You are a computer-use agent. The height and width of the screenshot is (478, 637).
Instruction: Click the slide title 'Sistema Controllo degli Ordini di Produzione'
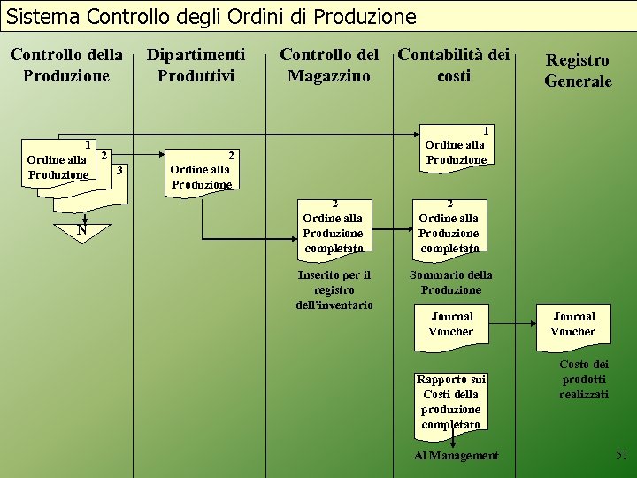tap(211, 16)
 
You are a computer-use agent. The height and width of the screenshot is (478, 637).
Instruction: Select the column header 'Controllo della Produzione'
tap(66, 65)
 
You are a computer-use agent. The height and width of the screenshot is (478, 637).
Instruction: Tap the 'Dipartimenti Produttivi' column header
tap(196, 65)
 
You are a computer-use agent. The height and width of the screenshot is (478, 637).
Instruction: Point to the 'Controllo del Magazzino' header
tap(329, 65)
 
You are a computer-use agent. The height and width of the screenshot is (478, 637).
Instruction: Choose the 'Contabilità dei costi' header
tap(454, 65)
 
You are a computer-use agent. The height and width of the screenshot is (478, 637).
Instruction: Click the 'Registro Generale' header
tap(578, 70)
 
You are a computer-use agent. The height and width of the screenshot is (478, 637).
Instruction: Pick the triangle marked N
tap(81, 231)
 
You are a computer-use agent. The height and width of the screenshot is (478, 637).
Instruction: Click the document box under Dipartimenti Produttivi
tap(201, 169)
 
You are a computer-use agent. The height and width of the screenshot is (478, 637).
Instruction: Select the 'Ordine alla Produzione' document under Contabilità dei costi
tap(456, 145)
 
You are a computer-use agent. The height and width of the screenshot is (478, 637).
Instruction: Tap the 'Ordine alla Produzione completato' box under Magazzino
tap(334, 226)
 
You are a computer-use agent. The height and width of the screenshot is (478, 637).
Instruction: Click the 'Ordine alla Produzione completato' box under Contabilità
tap(449, 226)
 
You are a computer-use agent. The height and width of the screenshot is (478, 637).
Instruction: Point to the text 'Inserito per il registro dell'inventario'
tap(334, 289)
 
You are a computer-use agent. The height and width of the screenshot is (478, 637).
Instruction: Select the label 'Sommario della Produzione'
tap(451, 282)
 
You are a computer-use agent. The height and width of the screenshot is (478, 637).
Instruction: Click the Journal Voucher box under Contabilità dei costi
tap(451, 325)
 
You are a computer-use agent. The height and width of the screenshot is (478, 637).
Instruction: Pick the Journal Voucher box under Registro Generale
tap(573, 325)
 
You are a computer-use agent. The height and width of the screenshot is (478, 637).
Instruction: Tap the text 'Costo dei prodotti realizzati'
tap(584, 379)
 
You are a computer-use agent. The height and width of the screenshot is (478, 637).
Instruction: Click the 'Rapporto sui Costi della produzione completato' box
tap(451, 402)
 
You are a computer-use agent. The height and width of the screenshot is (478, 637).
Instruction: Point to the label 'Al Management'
tap(457, 455)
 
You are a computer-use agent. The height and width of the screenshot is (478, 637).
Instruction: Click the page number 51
tap(621, 454)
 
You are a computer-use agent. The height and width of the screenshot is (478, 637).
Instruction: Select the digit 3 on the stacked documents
tap(119, 168)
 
